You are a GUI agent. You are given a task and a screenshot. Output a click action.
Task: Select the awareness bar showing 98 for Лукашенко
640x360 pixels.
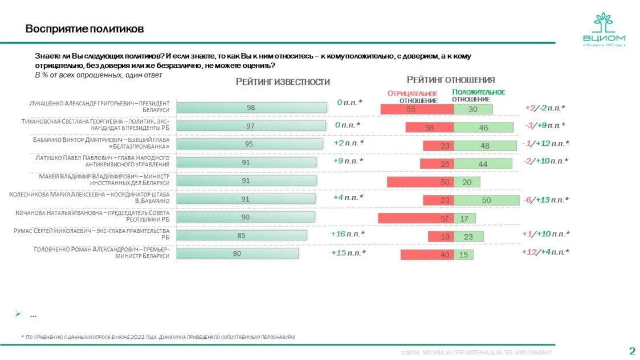[x=251, y=108]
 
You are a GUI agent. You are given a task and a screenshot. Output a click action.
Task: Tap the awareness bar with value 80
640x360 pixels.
[x=237, y=254]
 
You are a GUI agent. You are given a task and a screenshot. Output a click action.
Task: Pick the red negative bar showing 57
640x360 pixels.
[x=416, y=219]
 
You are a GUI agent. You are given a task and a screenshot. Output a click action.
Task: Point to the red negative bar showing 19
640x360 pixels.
[x=441, y=236]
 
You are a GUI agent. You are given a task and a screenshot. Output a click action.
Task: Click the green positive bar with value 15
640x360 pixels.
[x=463, y=255]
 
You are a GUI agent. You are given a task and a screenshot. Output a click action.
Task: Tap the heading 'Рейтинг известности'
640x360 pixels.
[x=283, y=82]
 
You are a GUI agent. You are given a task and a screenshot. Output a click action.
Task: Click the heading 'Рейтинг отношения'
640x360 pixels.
[x=450, y=80]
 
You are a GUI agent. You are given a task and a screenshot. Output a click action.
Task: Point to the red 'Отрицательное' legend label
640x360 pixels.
[x=412, y=93]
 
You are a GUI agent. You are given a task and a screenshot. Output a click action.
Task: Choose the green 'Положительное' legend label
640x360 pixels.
[x=478, y=92]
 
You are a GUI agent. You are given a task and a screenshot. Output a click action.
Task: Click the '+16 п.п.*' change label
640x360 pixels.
[x=348, y=234]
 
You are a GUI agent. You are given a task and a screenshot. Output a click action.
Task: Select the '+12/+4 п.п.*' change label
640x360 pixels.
[x=545, y=252]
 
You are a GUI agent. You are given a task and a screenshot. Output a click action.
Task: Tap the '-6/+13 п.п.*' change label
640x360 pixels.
[x=545, y=199]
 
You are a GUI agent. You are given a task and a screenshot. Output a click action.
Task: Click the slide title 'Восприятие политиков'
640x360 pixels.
[x=84, y=29]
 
